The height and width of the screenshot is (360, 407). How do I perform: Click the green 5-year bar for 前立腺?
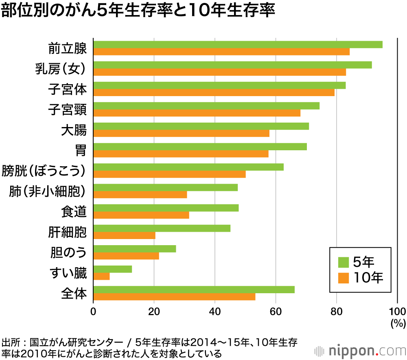[238, 45]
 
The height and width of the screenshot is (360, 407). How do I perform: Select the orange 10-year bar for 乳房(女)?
[220, 72]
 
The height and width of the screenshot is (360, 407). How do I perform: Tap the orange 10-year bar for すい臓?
[101, 277]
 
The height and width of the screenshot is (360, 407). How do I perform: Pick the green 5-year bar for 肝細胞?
[162, 228]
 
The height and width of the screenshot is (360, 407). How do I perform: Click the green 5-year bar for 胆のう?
[134, 249]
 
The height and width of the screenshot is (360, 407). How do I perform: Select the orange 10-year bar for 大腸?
[181, 134]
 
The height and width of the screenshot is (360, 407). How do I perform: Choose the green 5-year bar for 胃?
[200, 147]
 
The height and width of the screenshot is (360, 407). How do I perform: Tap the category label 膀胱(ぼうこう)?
[44, 171]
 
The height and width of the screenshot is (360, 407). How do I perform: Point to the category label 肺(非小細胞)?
[48, 191]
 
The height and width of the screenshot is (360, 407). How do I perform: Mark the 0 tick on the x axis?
[93, 312]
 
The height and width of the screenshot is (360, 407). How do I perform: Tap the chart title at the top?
[138, 11]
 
